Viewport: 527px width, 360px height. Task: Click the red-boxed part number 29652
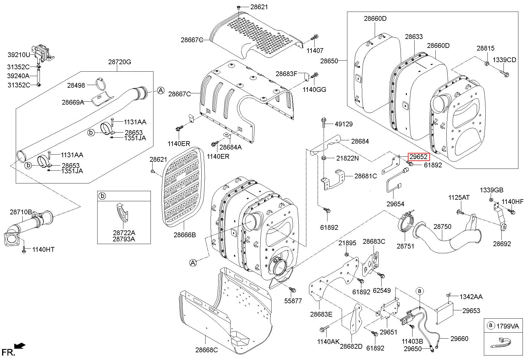(418, 157)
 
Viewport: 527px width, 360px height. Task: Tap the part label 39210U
(19, 55)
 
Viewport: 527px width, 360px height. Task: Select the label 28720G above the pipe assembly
(120, 62)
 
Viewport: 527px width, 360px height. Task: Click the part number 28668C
(206, 350)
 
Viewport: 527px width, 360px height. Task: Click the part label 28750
(442, 227)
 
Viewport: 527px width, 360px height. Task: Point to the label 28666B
(185, 235)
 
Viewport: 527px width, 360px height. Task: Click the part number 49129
(344, 124)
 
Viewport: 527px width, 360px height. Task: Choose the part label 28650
(329, 61)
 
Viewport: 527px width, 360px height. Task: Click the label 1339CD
(504, 60)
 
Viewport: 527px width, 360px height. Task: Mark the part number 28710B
(21, 212)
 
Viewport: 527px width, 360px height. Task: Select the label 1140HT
(43, 249)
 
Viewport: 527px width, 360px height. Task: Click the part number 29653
(471, 310)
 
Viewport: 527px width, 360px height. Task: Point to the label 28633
(414, 37)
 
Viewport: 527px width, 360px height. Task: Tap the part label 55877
(293, 301)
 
